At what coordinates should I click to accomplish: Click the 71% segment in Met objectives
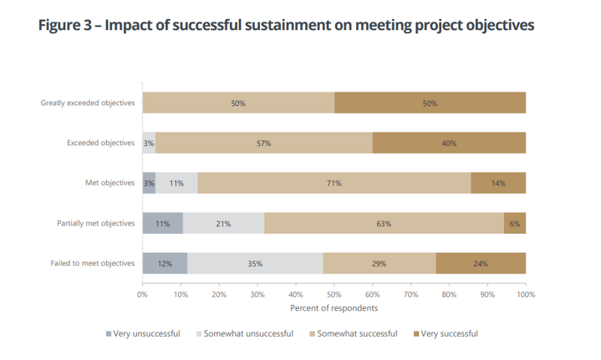point(334,183)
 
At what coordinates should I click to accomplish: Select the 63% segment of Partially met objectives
point(385,223)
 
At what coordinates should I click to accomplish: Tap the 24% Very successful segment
point(481,263)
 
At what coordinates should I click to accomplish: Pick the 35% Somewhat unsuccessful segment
point(255,263)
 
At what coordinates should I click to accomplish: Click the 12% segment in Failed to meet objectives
point(165,263)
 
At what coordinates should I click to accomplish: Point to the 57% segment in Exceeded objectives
point(264,143)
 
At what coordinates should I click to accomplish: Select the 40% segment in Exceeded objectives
point(449,143)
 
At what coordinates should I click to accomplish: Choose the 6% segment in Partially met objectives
point(515,223)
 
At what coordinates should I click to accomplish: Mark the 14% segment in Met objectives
point(498,183)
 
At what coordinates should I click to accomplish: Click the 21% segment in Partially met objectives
point(223,223)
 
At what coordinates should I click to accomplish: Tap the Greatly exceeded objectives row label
point(88,103)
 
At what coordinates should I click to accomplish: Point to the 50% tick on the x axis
point(334,295)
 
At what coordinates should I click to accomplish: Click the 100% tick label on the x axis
point(525,295)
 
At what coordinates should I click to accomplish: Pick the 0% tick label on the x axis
point(143,295)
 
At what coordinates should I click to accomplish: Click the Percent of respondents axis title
point(334,308)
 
